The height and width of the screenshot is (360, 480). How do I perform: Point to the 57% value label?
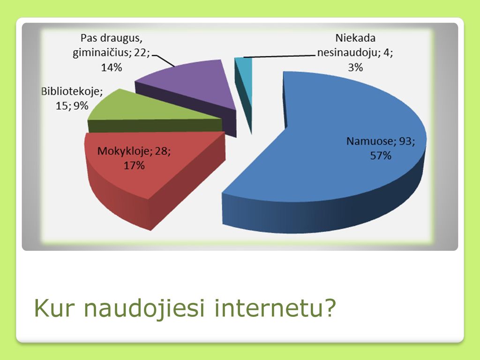(x=381, y=156)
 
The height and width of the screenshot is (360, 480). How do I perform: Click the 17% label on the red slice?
(x=134, y=165)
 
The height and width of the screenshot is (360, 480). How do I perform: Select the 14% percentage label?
(x=112, y=67)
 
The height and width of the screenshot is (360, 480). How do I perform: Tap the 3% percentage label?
(x=355, y=67)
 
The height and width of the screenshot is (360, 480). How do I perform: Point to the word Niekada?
(x=355, y=38)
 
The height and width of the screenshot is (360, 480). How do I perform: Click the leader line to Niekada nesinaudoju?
(x=279, y=56)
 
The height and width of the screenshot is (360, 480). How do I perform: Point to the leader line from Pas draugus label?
(x=163, y=60)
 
